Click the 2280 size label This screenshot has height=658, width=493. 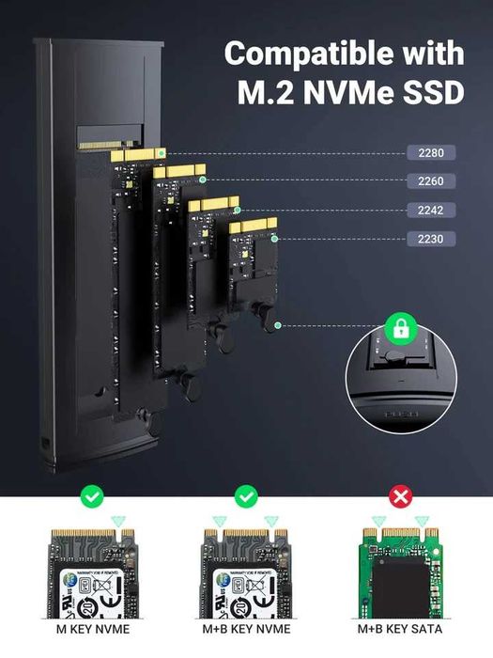coord(431,152)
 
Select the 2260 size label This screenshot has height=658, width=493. coord(431,181)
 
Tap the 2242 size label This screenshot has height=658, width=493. coord(431,211)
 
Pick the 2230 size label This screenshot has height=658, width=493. coord(431,240)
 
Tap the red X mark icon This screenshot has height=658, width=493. coord(400,495)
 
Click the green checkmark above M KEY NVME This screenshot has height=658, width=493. coord(92,495)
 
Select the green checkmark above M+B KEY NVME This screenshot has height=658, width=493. coord(246,495)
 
